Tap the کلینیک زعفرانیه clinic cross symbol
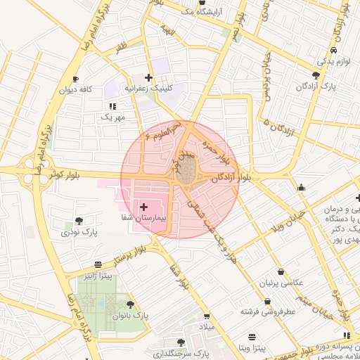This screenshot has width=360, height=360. (148, 77)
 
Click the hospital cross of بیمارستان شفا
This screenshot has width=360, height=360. (143, 207)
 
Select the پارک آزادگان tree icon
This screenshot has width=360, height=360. (316, 75)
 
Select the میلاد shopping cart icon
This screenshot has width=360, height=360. (206, 317)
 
